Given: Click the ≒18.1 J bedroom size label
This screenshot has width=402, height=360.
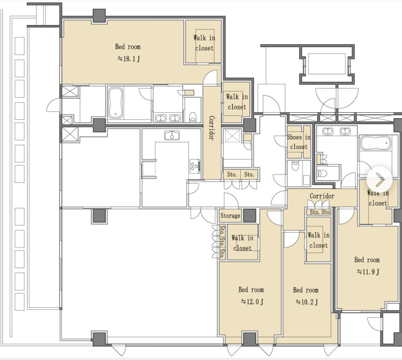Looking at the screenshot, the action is point(129,59).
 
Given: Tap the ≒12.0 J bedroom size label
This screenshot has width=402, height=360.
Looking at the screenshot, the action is point(252,302).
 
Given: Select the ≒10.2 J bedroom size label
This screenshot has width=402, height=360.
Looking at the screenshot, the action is point(307,302).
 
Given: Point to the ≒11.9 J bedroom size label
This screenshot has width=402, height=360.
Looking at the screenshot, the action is point(368,272).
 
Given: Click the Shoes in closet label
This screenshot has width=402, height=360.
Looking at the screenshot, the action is point(299,142).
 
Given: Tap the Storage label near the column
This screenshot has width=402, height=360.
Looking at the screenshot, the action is point(230,216).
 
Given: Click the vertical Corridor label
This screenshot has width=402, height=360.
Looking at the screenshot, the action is point(211,127).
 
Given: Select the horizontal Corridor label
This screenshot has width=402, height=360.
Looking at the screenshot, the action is point(322,196).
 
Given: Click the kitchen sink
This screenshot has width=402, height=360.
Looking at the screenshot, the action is point(172,135).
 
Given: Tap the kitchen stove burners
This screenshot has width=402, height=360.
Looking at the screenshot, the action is point(195,166).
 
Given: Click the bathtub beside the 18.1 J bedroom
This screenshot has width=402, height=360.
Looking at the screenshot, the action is point(115,103).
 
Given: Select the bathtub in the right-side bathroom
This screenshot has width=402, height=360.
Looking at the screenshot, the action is point(375,143).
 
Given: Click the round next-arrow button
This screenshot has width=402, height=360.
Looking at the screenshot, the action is point(380,180).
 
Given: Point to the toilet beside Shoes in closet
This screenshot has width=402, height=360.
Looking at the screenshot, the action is point(295,166).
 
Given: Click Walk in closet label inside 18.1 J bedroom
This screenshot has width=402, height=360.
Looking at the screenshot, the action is point(204,43).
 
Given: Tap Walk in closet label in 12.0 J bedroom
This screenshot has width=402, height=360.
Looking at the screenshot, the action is point(242,243).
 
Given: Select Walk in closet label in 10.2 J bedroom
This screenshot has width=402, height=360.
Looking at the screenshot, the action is point(318,240).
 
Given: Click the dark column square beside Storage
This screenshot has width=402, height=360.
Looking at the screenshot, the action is point(249,215).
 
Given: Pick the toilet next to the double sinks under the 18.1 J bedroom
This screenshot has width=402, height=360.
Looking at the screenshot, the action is point(193,117).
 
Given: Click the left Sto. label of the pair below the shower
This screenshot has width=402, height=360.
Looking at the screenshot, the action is point(232,175).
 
